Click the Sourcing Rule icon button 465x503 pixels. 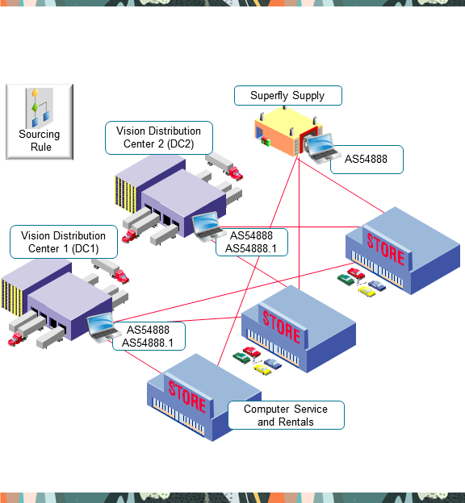(x=40, y=122)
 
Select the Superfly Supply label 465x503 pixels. (x=287, y=96)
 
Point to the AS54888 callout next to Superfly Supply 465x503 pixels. (x=366, y=160)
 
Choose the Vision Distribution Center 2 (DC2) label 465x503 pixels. (x=159, y=137)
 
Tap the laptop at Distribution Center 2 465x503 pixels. (x=207, y=225)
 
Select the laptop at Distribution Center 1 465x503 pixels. (x=104, y=327)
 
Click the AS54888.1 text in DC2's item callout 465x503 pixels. (x=251, y=248)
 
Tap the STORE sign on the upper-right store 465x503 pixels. (x=385, y=249)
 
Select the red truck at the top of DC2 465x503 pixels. (x=233, y=173)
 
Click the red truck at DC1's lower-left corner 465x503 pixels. (x=17, y=339)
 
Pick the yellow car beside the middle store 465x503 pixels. (x=264, y=368)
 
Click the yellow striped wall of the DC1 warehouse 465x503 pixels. (x=15, y=302)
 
